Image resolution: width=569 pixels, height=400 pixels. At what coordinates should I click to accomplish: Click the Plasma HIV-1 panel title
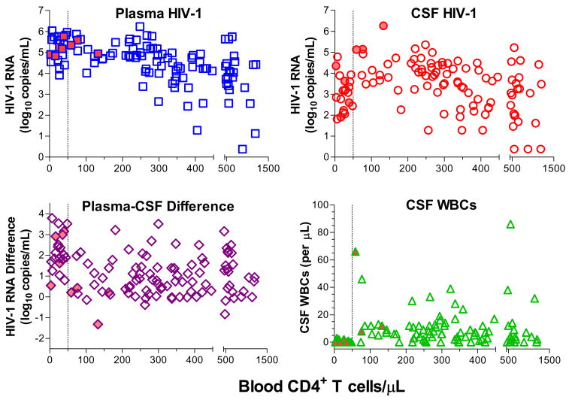point(159,14)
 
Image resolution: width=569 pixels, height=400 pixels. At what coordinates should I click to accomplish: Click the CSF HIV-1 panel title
point(443,14)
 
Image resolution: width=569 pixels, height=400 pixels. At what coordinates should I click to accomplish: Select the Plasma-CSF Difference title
point(158,206)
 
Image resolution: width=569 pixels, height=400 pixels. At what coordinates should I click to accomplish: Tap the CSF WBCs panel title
point(441,205)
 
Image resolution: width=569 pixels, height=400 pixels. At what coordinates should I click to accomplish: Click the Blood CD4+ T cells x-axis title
point(322,386)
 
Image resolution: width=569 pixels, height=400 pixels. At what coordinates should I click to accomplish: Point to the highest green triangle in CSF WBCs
point(510,224)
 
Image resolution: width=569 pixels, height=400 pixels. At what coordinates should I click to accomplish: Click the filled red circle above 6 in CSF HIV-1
point(383,26)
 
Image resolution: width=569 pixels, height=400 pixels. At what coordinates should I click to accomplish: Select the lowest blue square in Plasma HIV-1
point(242,149)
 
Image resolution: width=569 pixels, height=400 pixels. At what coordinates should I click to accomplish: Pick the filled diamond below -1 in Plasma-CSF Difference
point(98,324)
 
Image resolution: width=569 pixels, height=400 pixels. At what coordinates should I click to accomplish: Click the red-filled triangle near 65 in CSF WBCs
point(356,252)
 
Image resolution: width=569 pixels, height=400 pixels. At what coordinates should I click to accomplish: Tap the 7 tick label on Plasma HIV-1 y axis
point(41,11)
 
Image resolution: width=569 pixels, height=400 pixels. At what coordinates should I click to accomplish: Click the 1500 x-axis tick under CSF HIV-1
point(553,168)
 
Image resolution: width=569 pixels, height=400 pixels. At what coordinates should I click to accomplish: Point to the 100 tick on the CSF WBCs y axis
point(319,205)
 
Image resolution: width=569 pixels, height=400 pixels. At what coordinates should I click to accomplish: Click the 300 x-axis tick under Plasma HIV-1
point(159,168)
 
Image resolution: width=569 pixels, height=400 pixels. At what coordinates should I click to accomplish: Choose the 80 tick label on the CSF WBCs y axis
point(322,232)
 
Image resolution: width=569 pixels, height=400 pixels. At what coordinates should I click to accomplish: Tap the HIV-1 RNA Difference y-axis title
point(17,276)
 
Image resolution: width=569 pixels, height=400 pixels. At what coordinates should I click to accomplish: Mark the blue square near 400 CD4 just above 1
point(197,130)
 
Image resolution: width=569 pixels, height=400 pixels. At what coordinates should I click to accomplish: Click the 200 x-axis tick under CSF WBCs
point(406,359)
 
